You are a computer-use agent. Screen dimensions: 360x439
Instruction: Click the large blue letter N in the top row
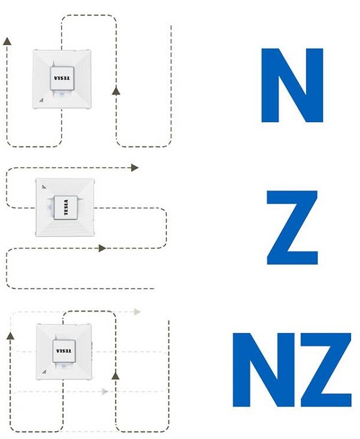click(292, 85)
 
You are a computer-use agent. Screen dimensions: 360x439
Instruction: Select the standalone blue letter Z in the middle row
click(292, 227)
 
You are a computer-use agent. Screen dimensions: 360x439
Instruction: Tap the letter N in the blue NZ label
click(263, 369)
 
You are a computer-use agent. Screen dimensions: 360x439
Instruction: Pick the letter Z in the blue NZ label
click(326, 369)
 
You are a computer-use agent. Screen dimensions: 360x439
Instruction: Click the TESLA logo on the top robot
click(62, 78)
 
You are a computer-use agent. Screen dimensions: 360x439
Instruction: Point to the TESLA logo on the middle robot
click(66, 208)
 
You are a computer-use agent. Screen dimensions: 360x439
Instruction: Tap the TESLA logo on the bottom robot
click(64, 351)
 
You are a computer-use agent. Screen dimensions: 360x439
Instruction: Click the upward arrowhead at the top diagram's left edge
click(8, 41)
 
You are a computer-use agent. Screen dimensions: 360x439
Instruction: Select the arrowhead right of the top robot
click(116, 90)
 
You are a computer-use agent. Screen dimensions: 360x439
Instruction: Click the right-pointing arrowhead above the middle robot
click(135, 167)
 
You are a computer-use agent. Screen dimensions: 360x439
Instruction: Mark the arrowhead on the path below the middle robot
click(102, 248)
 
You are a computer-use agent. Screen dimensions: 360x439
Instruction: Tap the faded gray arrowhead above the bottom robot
click(137, 312)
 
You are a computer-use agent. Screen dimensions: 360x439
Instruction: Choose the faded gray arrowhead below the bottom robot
click(105, 391)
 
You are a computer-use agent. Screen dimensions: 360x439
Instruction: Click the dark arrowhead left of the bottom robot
click(11, 336)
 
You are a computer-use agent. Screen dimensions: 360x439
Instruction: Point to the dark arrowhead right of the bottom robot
click(115, 376)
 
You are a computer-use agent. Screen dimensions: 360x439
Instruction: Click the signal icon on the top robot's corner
click(41, 100)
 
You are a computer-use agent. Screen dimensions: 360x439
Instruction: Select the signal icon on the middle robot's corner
click(45, 186)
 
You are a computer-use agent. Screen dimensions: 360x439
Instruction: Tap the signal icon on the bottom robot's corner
click(45, 372)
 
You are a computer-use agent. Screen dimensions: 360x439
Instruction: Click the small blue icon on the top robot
click(62, 95)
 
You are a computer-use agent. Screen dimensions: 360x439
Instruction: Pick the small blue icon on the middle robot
click(50, 207)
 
